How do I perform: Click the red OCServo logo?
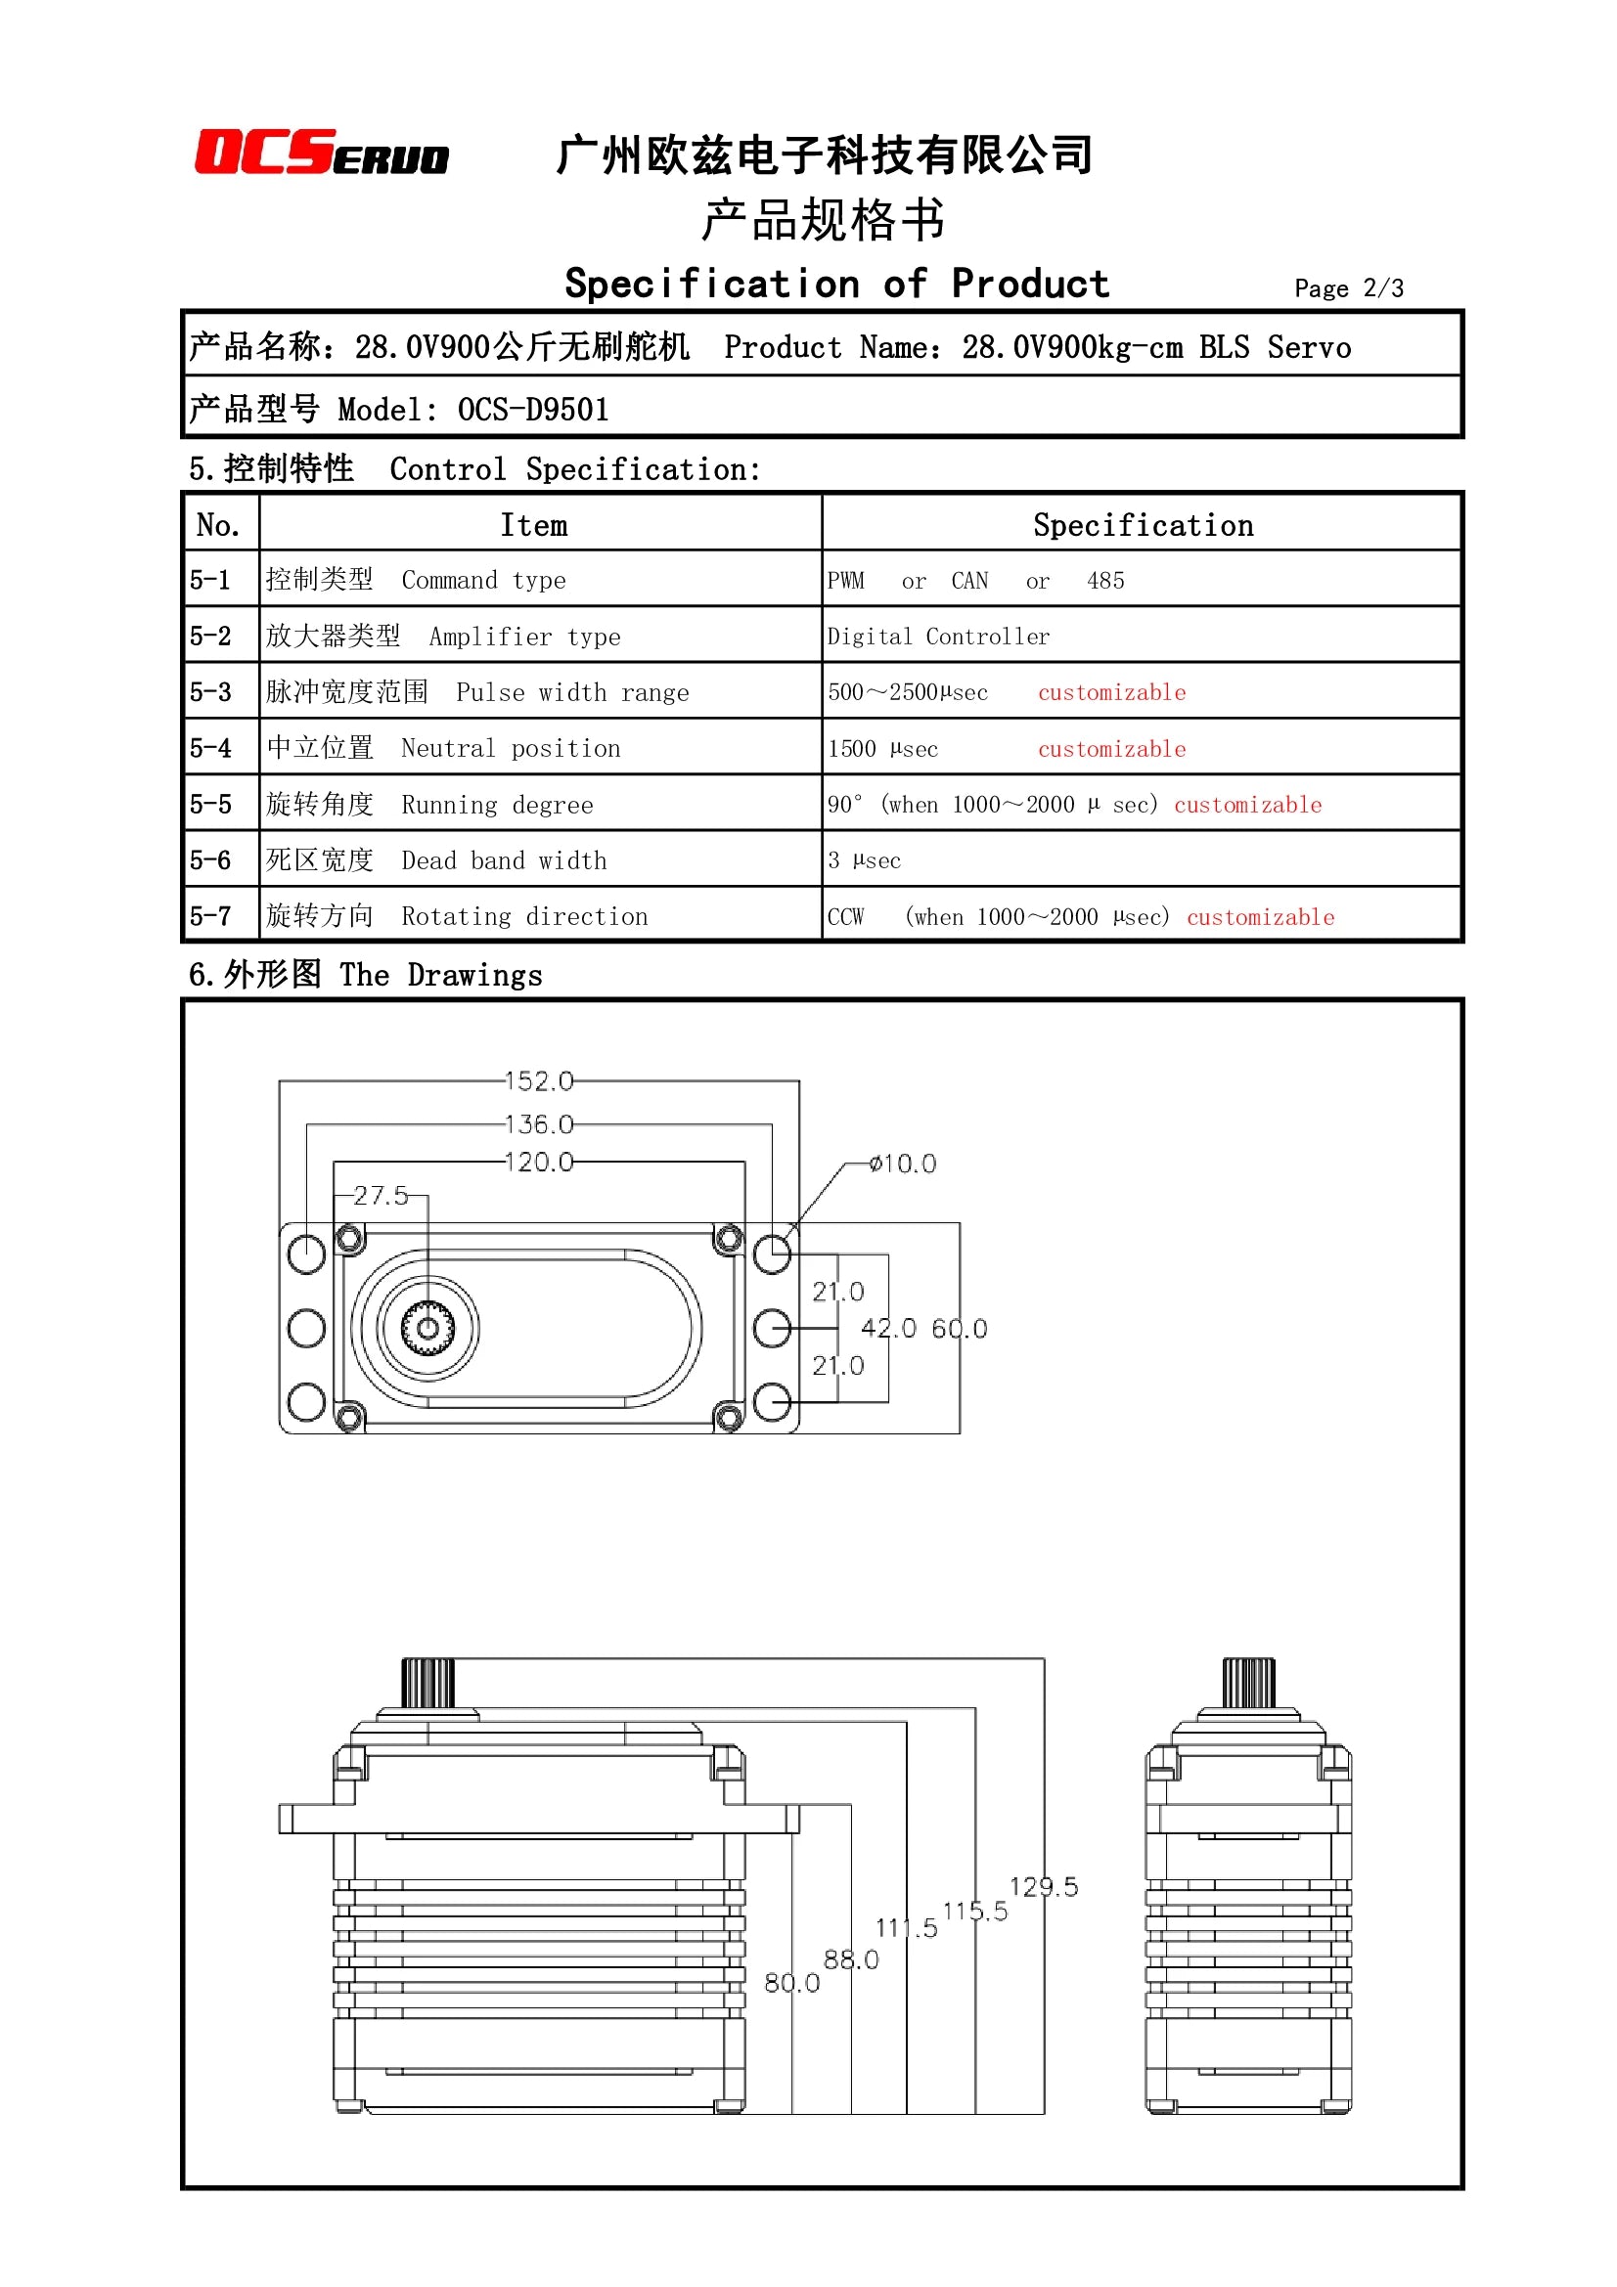click(x=321, y=153)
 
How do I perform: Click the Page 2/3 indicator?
click(x=1348, y=288)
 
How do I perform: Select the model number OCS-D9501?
click(x=533, y=410)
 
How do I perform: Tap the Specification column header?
click(x=1142, y=525)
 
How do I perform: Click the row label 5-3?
click(x=210, y=692)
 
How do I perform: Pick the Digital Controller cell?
click(x=937, y=637)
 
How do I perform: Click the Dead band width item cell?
click(x=503, y=860)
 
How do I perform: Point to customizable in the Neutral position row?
click(x=1111, y=749)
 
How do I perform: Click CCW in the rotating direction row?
click(x=845, y=917)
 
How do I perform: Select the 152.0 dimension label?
click(x=539, y=1080)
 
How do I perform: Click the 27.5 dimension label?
click(x=381, y=1195)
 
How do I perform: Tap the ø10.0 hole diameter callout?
click(x=902, y=1164)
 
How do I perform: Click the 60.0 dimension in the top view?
click(x=959, y=1328)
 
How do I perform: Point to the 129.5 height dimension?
click(x=1043, y=1886)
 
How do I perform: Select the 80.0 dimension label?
click(x=791, y=1983)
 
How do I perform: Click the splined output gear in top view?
click(x=427, y=1328)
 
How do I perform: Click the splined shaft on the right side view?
click(x=1248, y=1683)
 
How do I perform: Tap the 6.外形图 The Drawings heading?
click(x=366, y=974)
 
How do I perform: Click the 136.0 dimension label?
click(x=539, y=1124)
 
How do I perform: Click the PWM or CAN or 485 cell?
click(x=974, y=581)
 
